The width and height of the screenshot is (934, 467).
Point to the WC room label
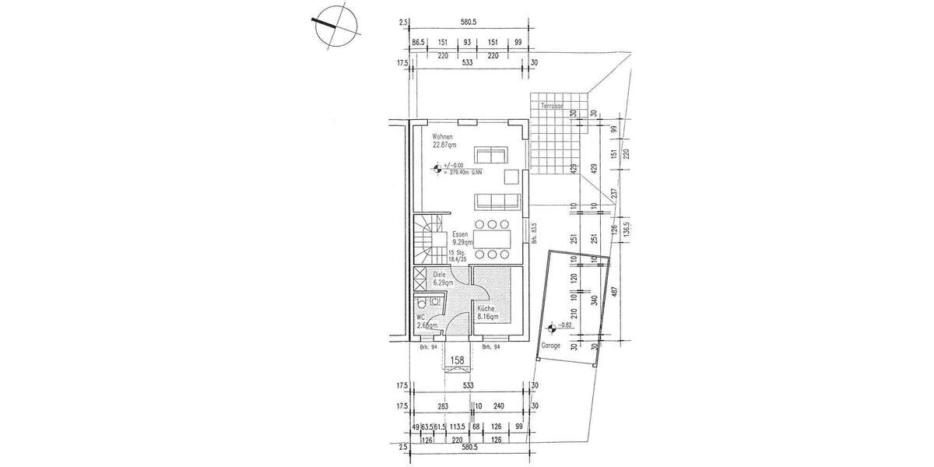click(420, 318)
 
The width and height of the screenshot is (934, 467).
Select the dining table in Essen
click(493, 239)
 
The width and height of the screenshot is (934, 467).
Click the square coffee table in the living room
click(512, 177)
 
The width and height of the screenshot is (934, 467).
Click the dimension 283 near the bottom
click(441, 405)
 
